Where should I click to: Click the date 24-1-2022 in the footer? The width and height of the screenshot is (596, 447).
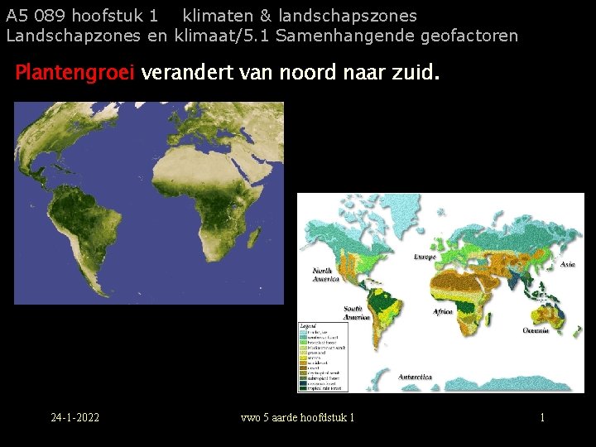(74, 417)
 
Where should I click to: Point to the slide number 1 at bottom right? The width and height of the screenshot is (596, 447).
(542, 417)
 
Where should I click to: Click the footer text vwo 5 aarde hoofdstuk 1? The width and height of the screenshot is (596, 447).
(297, 417)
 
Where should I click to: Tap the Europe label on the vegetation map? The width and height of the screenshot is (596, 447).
(425, 257)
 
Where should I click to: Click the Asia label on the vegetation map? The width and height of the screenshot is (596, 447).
(568, 264)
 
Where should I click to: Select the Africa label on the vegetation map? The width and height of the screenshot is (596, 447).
(443, 312)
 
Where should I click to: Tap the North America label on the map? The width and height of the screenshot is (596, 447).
(324, 275)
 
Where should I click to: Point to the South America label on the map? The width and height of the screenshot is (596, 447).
(356, 313)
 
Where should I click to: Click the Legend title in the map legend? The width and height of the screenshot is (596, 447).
(309, 326)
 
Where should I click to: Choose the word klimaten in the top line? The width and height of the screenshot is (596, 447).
(216, 16)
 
